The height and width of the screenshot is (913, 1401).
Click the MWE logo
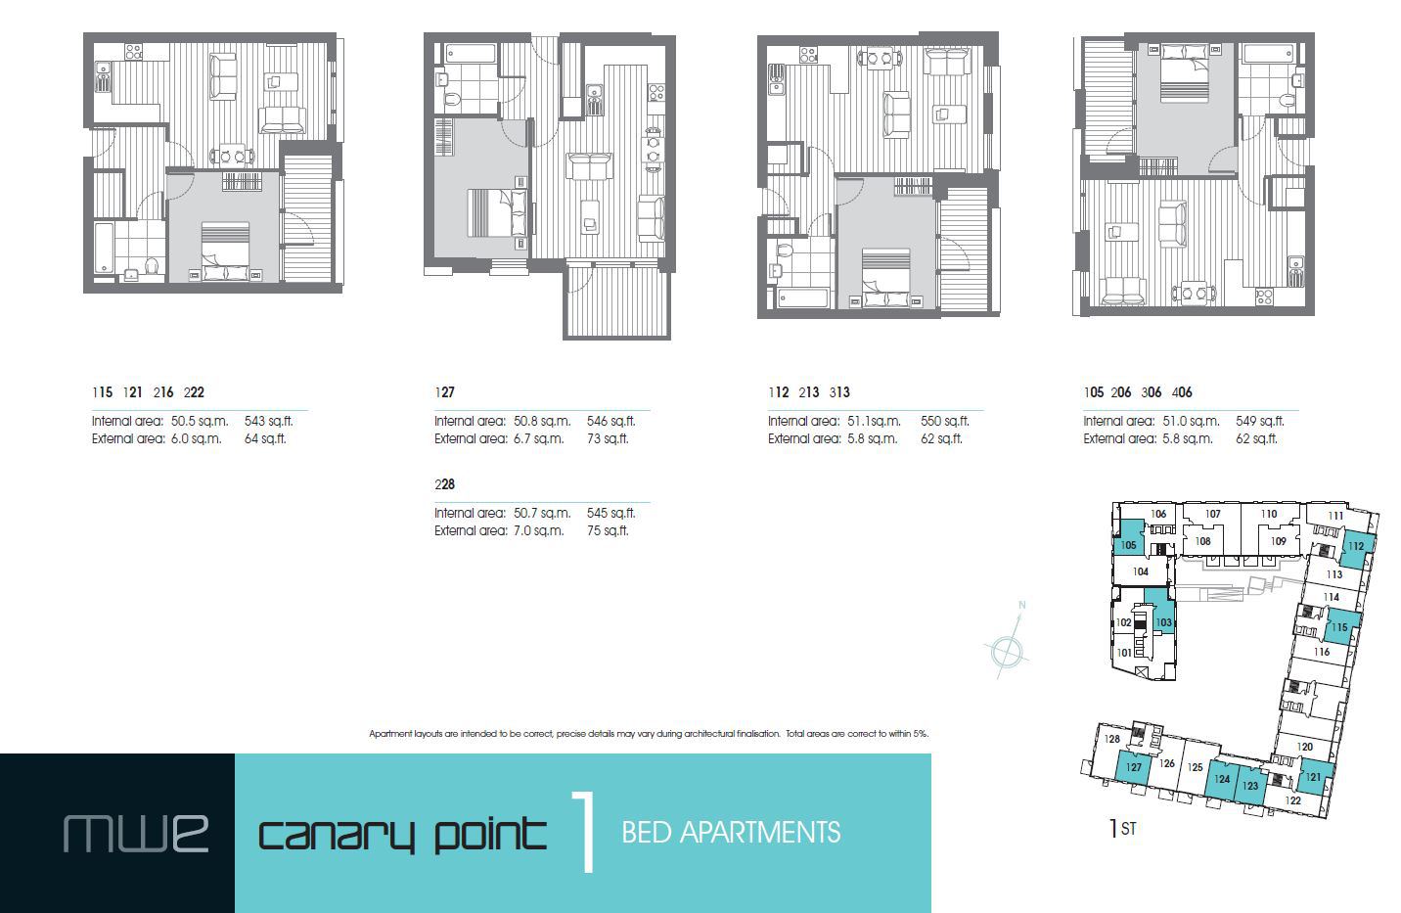(136, 833)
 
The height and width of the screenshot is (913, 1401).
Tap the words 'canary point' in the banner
(402, 834)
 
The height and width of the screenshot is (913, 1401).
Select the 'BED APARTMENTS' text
(731, 833)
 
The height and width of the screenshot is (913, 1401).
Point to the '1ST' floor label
(1122, 829)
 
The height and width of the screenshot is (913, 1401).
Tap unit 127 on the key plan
(1133, 767)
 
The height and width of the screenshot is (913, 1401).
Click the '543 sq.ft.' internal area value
(268, 422)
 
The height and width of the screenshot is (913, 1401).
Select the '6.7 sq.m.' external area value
(539, 439)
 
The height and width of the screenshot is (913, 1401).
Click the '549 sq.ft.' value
(1260, 422)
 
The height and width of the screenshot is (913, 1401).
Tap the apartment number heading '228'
(444, 484)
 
